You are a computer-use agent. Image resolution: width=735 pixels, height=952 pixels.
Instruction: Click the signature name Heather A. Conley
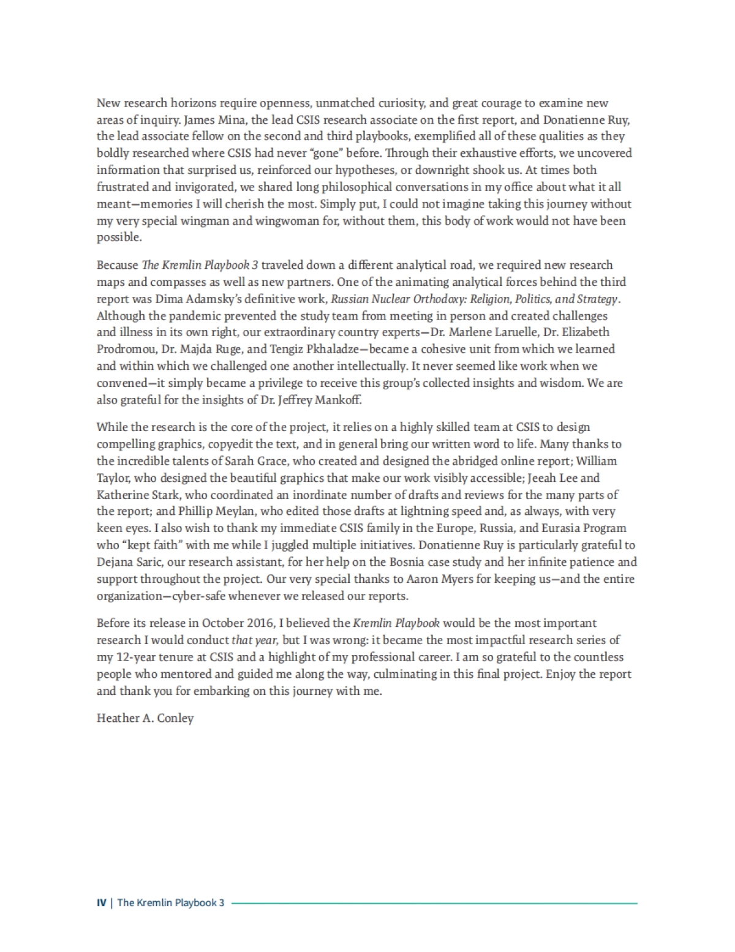(145, 718)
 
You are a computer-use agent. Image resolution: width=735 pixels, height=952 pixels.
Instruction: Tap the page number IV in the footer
(101, 902)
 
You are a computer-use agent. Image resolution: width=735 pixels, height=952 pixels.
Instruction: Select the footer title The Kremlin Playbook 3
(171, 902)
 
